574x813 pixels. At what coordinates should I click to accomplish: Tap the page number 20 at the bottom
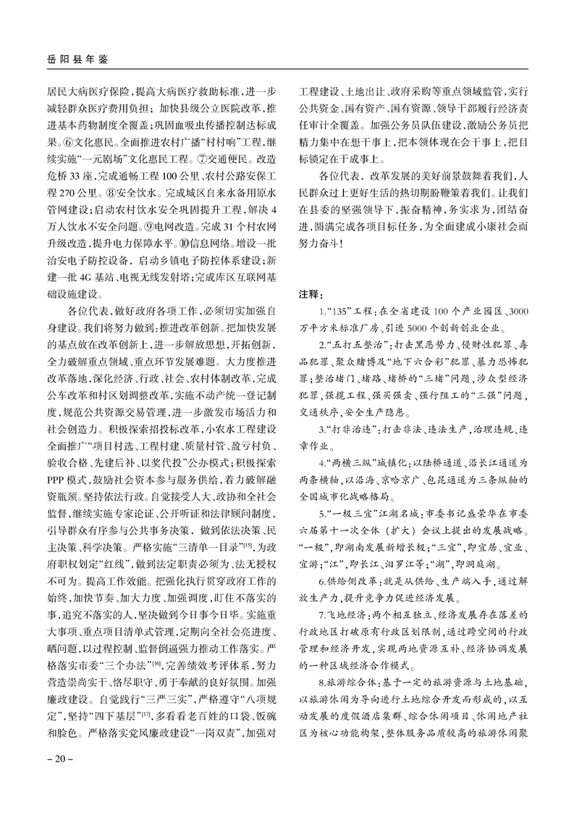click(x=57, y=759)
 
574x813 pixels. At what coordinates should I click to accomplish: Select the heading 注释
click(x=313, y=295)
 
